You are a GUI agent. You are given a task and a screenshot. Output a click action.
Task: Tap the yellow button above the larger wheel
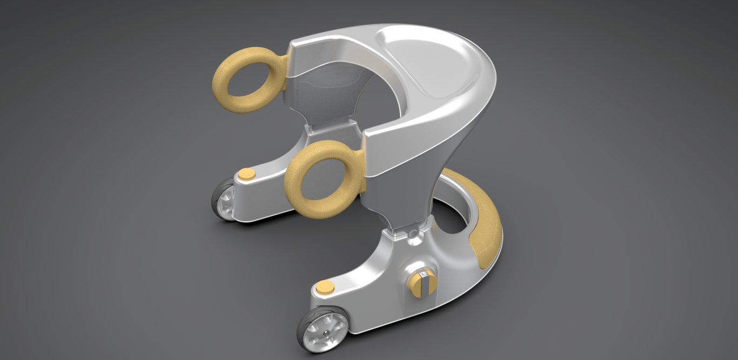tap(325, 286)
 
